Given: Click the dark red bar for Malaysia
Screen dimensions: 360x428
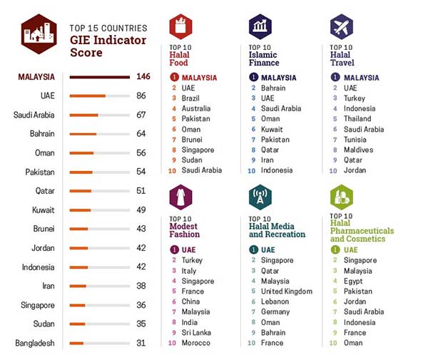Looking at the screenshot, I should (99, 76).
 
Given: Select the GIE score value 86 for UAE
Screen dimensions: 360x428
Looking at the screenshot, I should (141, 95).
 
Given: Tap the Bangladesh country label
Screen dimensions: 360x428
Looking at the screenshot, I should (34, 343).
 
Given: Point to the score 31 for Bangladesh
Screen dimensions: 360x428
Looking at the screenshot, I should (141, 343).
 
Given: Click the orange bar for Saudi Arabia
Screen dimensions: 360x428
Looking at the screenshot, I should (83, 114).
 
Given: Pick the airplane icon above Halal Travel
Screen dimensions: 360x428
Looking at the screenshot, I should (342, 26).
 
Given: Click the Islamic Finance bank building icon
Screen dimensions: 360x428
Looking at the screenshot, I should (260, 27).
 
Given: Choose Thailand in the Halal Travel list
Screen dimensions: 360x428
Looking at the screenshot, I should (357, 118).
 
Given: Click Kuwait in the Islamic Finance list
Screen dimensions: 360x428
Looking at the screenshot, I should (271, 129).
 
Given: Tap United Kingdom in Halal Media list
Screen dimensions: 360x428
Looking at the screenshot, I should (287, 292).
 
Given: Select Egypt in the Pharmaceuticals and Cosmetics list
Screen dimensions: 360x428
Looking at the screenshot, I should (355, 281).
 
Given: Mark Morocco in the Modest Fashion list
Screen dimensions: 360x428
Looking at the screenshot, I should (196, 343).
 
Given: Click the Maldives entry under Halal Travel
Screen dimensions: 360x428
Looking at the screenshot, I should (358, 150).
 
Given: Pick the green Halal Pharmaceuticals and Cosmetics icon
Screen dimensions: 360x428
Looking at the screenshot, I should (342, 196).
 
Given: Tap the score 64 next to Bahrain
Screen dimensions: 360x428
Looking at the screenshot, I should (141, 133).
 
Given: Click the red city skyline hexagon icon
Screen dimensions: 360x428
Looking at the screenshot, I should (39, 33).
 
